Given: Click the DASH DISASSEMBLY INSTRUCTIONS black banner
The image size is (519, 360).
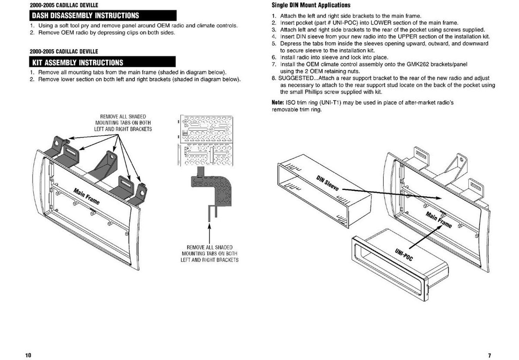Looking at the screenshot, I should click(103, 16).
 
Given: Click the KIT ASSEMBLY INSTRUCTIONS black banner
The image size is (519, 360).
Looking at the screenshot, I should click(102, 62).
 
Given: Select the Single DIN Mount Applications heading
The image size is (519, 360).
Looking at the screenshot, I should click(311, 5).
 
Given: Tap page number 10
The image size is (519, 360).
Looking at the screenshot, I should click(28, 355).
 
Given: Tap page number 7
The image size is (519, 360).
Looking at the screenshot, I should click(489, 355).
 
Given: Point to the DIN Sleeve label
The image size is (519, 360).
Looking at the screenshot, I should click(327, 183).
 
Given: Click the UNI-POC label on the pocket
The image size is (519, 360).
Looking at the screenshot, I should click(404, 254).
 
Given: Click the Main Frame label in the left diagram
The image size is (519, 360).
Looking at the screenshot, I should click(86, 196).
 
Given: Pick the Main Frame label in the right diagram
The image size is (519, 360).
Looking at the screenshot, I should click(439, 220).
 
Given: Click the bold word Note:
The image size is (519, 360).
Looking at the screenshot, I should click(277, 103).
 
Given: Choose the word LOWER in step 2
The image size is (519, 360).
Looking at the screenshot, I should click(381, 23).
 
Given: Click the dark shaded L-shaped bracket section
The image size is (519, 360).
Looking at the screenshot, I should click(213, 189).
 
